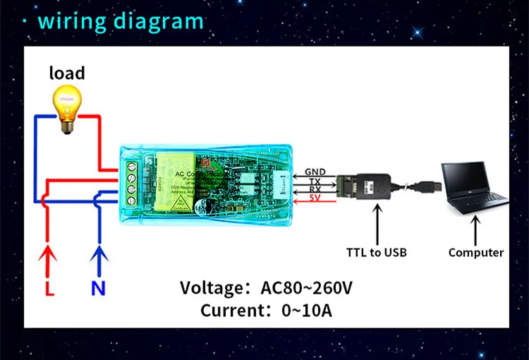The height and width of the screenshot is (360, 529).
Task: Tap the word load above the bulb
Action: [x=67, y=73]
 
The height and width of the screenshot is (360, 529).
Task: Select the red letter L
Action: [x=49, y=288]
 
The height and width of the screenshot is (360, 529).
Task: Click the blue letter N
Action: [x=97, y=288]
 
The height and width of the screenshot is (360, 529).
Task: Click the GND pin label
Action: [x=315, y=172]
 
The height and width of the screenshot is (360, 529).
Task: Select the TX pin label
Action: [x=315, y=181]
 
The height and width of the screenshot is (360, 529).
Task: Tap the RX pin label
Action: [x=315, y=189]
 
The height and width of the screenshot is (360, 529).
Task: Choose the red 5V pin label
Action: [x=315, y=198]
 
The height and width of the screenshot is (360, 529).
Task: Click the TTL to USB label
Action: [x=377, y=252]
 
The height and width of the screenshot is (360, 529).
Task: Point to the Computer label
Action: [x=476, y=252]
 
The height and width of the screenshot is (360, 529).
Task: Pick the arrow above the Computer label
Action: [x=476, y=229]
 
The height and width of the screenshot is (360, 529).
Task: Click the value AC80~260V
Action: [x=306, y=288]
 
